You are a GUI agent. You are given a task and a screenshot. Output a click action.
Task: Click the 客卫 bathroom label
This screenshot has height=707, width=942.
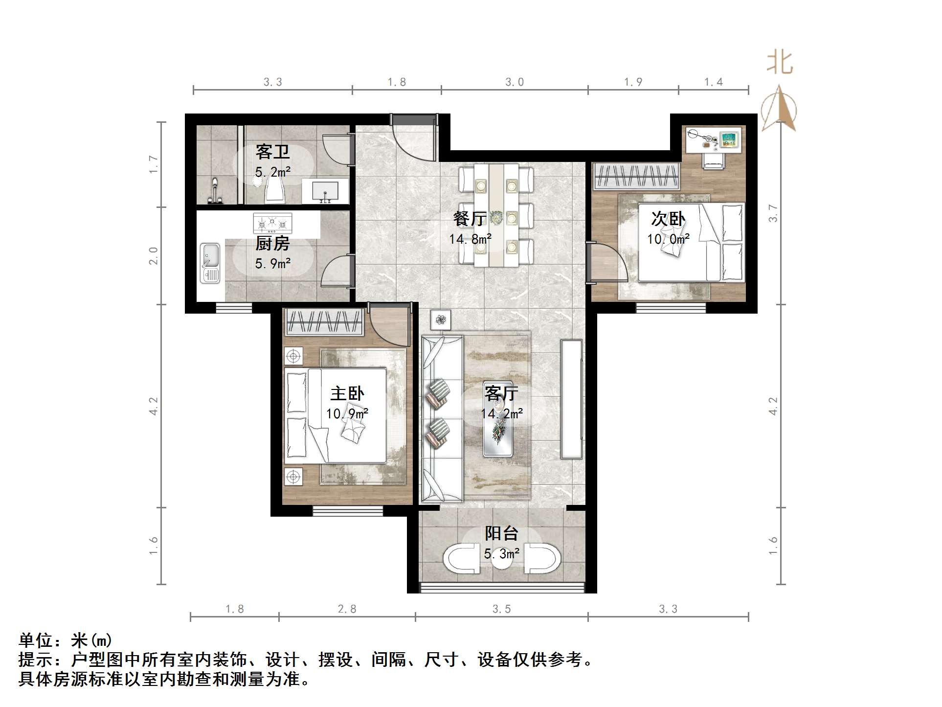[272, 152]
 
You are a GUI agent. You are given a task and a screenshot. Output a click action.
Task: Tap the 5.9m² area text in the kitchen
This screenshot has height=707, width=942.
[272, 264]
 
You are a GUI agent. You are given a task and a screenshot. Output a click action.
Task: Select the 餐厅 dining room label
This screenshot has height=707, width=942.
[470, 219]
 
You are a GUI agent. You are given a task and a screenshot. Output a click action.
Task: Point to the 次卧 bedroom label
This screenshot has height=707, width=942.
[668, 219]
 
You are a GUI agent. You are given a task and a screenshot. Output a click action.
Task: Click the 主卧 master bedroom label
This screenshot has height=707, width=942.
[347, 393]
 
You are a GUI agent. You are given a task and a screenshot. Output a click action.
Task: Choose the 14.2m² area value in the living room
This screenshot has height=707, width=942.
[502, 414]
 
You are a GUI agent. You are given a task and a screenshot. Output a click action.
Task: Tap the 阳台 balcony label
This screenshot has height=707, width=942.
[501, 533]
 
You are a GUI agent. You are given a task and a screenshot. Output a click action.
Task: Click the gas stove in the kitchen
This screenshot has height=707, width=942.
[272, 224]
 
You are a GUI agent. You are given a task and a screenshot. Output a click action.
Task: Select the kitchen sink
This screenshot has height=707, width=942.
[210, 263]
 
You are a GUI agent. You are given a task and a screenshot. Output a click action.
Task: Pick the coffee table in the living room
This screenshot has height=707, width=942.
[498, 419]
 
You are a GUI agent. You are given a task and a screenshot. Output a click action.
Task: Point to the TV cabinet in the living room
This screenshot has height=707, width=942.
[572, 399]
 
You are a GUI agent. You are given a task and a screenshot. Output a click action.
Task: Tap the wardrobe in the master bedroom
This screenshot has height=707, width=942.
[324, 322]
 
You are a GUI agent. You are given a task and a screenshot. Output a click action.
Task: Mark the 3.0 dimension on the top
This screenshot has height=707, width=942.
[515, 82]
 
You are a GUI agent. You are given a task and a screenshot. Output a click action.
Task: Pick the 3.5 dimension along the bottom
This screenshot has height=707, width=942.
[502, 609]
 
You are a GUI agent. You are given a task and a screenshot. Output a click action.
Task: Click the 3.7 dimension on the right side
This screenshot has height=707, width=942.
[773, 213]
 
